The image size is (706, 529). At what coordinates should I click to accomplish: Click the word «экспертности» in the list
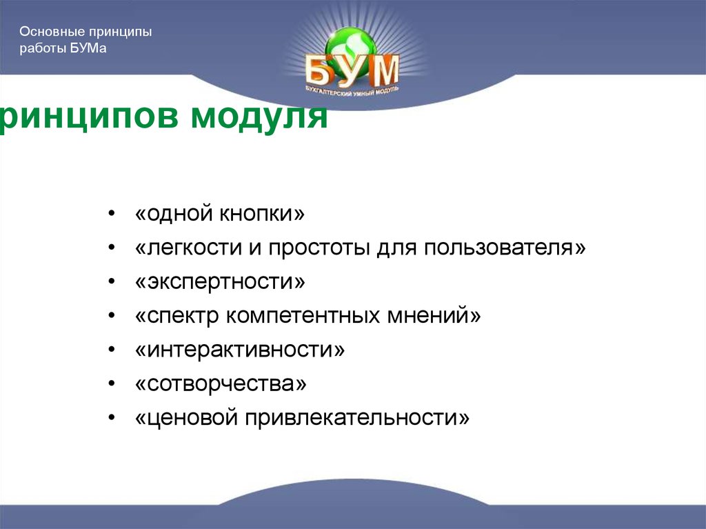[220, 282]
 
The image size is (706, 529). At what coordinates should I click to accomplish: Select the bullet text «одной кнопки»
[220, 214]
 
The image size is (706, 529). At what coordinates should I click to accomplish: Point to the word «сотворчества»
[221, 384]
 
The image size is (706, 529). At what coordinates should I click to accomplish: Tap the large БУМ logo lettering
[352, 70]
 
